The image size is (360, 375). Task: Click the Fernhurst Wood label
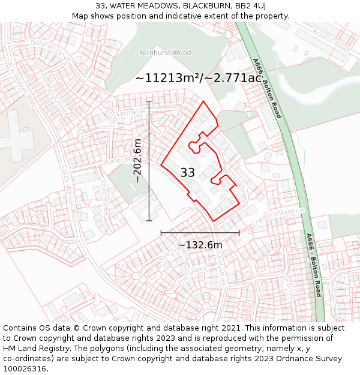tap(164, 53)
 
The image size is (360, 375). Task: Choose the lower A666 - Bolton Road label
tap(314, 265)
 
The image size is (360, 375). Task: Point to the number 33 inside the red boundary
tap(187, 173)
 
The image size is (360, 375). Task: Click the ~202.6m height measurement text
tap(137, 161)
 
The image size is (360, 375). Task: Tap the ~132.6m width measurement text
tap(200, 245)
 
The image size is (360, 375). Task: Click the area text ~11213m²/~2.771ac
tap(198, 78)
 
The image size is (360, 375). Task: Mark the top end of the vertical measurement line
tap(149, 102)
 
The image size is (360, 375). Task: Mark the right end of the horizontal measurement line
tap(239, 232)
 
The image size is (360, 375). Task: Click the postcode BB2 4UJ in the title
tap(246, 6)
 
